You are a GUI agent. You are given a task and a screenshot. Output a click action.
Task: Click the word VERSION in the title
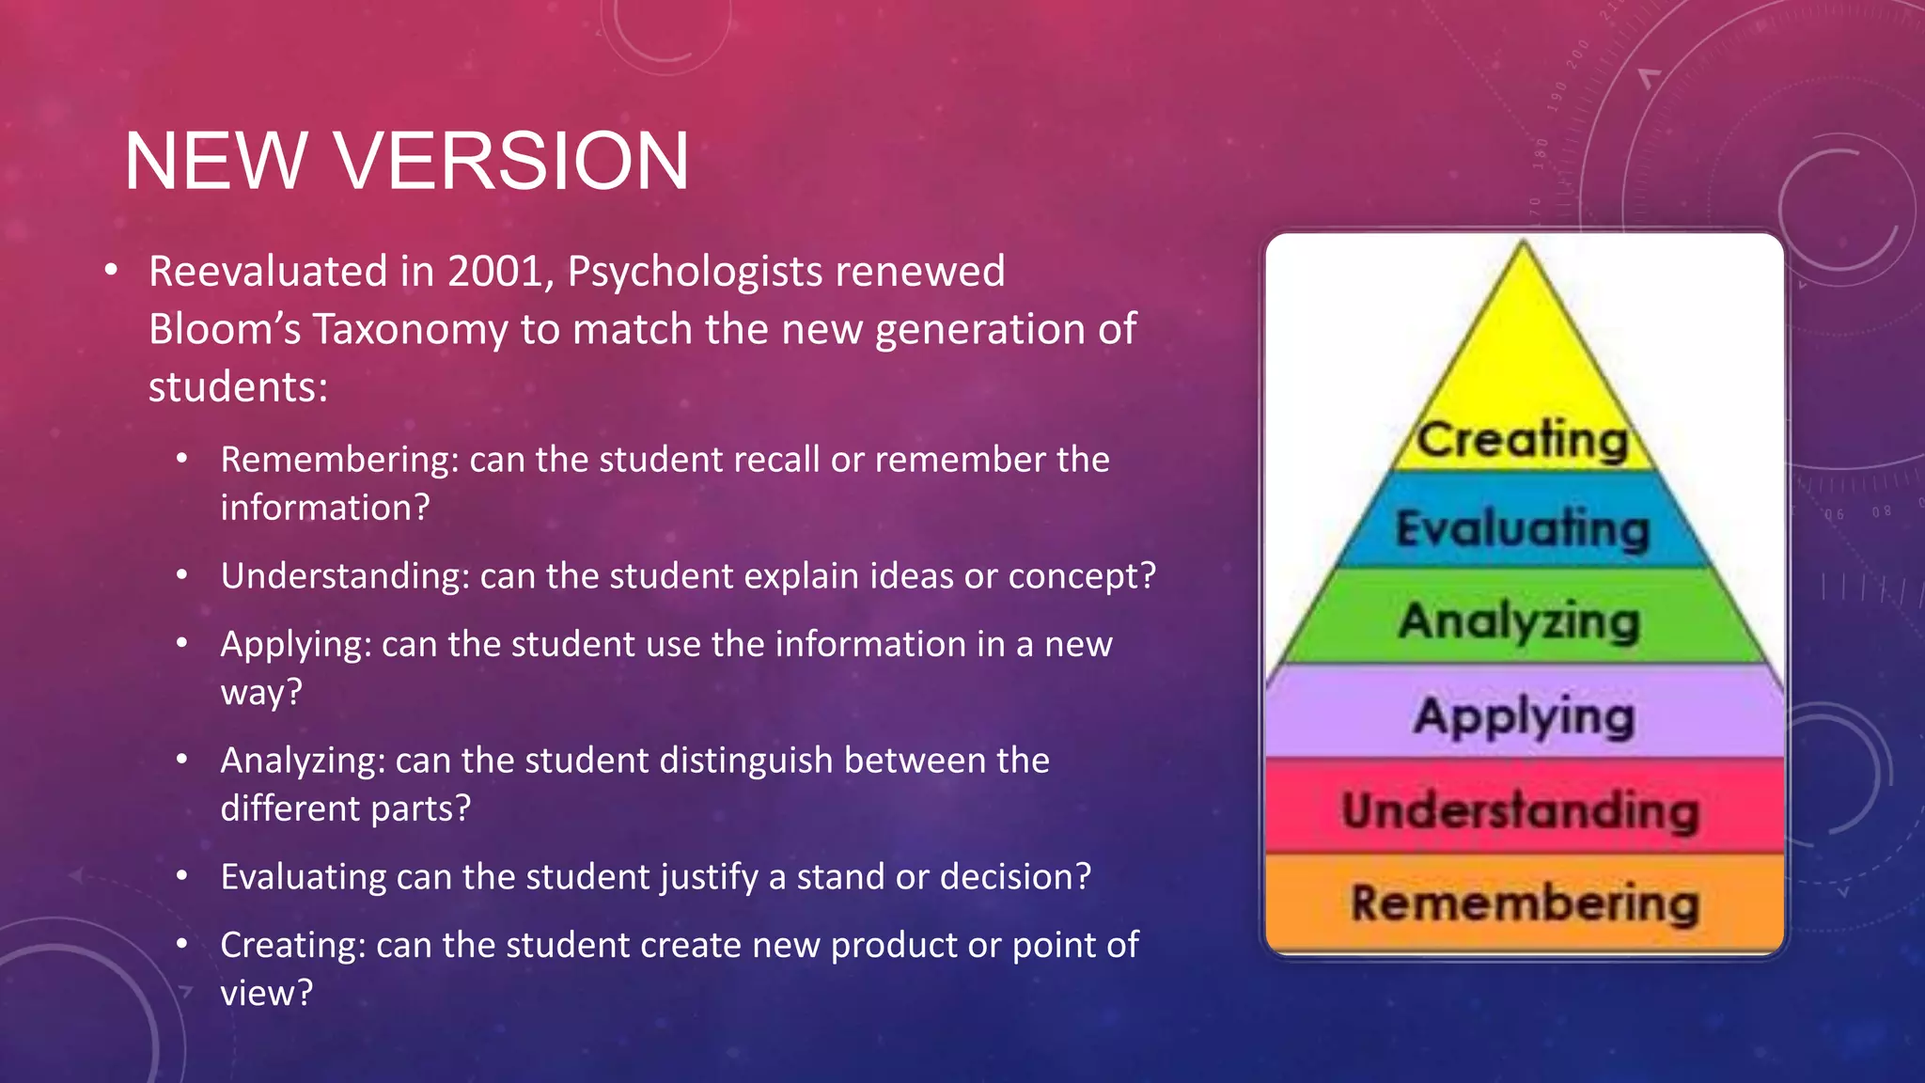click(x=512, y=162)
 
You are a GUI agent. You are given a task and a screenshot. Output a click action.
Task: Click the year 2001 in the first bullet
click(x=495, y=272)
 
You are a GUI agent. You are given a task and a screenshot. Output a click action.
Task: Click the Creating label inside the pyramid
click(x=1523, y=440)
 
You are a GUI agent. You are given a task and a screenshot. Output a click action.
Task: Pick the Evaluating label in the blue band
click(x=1523, y=528)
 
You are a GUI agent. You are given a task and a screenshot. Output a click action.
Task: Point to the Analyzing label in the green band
click(x=1519, y=621)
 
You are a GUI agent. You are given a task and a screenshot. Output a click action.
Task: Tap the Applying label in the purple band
click(x=1524, y=716)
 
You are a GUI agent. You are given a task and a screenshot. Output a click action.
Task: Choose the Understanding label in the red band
click(x=1521, y=810)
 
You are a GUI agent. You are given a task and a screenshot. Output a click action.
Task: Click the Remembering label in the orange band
click(x=1525, y=903)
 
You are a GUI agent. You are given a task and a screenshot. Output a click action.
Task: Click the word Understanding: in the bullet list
click(x=345, y=575)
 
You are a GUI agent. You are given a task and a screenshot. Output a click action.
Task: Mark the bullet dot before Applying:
click(x=182, y=644)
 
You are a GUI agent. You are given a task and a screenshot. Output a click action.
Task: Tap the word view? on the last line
click(x=266, y=993)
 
